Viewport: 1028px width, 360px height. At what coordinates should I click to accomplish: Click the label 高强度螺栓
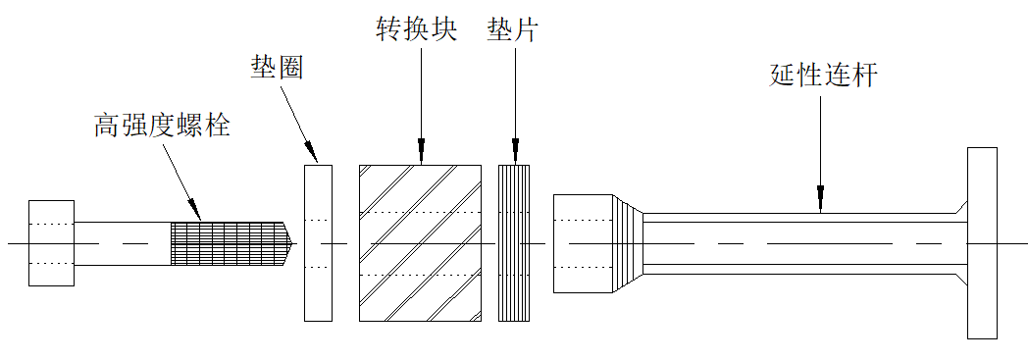click(162, 126)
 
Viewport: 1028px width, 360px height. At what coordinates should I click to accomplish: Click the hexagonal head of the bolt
click(52, 243)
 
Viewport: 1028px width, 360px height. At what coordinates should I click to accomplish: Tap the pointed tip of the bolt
click(288, 242)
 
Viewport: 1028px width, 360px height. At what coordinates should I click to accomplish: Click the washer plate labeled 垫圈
click(319, 242)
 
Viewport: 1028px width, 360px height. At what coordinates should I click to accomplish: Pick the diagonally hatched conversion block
click(421, 242)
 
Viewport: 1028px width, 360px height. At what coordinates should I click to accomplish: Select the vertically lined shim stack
click(514, 242)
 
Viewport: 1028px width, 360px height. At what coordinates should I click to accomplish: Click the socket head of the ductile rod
click(583, 243)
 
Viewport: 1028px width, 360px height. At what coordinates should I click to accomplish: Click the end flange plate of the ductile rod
click(982, 243)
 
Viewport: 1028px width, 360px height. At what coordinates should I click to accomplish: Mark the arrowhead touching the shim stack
click(514, 154)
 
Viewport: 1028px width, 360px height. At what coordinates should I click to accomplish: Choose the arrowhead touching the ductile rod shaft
click(821, 203)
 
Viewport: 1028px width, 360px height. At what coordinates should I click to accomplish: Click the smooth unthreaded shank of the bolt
click(123, 243)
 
